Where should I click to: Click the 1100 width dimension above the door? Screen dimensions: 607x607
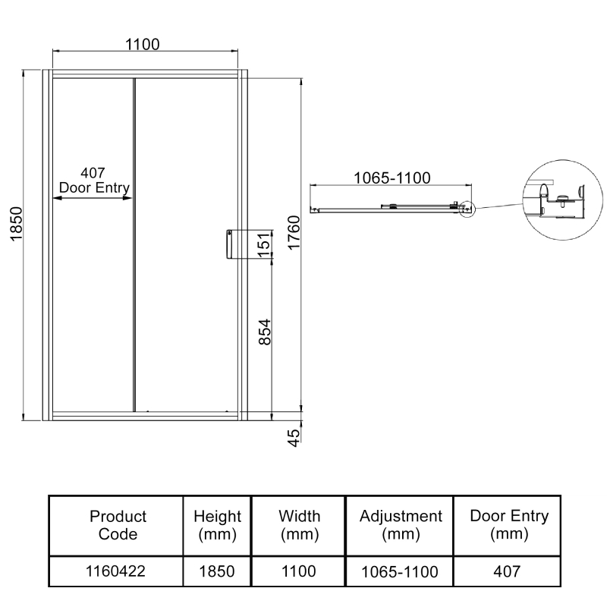point(143,44)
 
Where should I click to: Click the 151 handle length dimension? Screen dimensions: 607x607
point(263,245)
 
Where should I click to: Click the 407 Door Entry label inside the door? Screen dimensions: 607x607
point(94,181)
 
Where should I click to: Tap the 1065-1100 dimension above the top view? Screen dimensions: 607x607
point(392,178)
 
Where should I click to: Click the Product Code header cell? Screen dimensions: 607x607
point(118,525)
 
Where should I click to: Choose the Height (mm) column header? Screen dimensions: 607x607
point(217,525)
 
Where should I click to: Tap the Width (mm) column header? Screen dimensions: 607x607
point(299,525)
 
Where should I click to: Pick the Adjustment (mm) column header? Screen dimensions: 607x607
point(401,525)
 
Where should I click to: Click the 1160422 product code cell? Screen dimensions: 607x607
point(118,571)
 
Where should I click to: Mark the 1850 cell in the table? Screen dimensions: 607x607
point(217,571)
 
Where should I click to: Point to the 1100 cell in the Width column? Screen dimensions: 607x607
point(299,571)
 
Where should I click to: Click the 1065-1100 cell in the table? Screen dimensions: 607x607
point(401,571)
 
